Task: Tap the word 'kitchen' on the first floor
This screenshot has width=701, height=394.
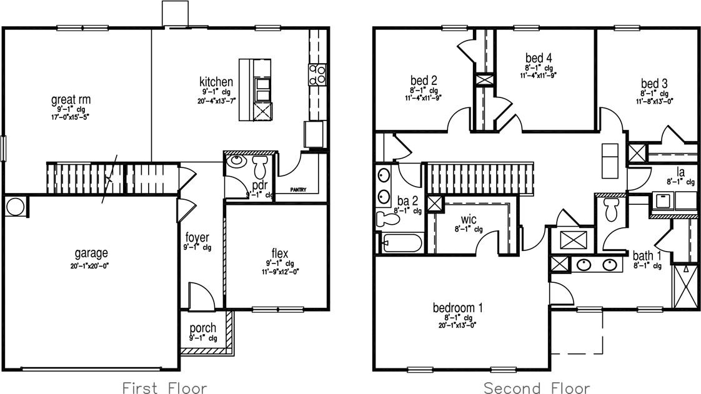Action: pyautogui.click(x=216, y=82)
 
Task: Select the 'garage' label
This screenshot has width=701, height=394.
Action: pyautogui.click(x=91, y=253)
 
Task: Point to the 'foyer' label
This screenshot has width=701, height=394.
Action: pyautogui.click(x=197, y=238)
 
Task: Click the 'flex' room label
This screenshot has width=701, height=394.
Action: pyautogui.click(x=279, y=253)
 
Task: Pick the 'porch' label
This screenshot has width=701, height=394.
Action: pyautogui.click(x=202, y=328)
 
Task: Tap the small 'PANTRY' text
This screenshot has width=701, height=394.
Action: pyautogui.click(x=298, y=190)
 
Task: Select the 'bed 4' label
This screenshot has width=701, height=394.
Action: pyautogui.click(x=538, y=59)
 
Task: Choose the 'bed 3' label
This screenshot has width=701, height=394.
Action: pyautogui.click(x=654, y=84)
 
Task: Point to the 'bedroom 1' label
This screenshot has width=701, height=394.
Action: pyautogui.click(x=458, y=308)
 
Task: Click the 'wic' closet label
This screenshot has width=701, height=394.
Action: pyautogui.click(x=469, y=220)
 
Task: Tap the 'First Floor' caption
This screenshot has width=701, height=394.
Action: pyautogui.click(x=164, y=387)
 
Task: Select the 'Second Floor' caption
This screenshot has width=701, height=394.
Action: pyautogui.click(x=537, y=387)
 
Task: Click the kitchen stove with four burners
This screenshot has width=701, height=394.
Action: pyautogui.click(x=317, y=74)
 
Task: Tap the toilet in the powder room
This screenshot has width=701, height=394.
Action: pyautogui.click(x=260, y=167)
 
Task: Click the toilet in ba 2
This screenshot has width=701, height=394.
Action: pyautogui.click(x=389, y=217)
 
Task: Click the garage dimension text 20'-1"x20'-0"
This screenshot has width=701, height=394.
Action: pyautogui.click(x=91, y=265)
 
